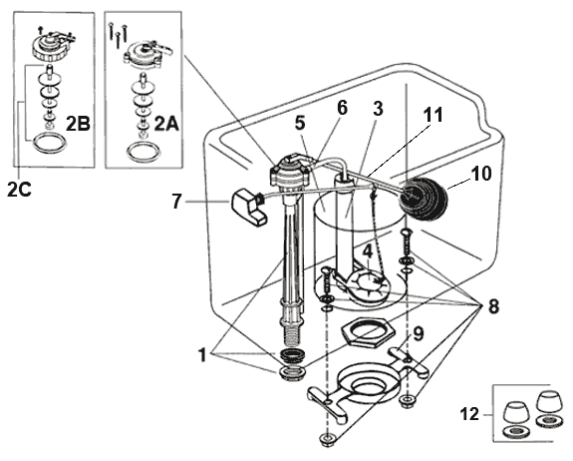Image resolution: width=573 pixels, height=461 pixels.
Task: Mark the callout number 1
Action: (x=202, y=354)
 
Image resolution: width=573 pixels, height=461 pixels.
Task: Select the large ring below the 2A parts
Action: (x=143, y=155)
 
